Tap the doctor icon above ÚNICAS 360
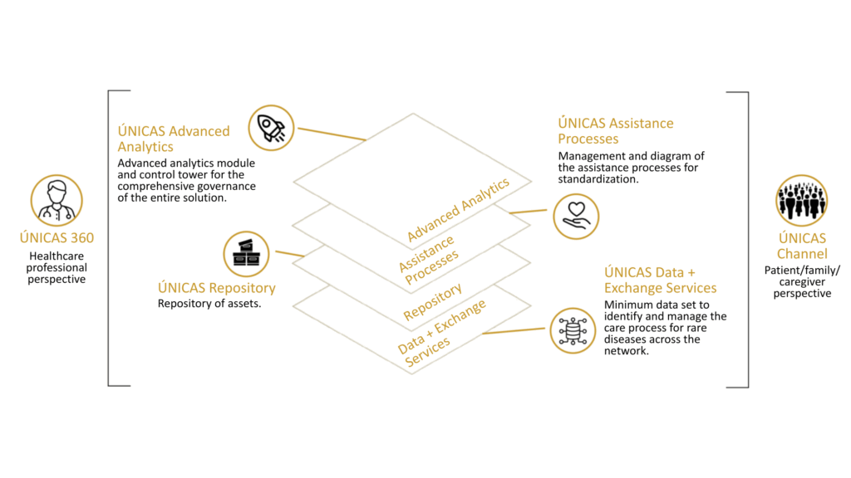point(57,200)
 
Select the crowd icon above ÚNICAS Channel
point(801,200)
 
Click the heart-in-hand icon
point(576,216)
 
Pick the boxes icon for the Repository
point(246,253)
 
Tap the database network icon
point(572,329)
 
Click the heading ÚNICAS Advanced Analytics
point(174,139)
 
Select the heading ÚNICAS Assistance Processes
point(615,131)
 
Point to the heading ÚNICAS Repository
point(216,288)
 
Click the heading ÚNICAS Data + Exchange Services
point(660,280)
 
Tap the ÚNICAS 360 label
point(57,238)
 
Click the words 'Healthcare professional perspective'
point(57,268)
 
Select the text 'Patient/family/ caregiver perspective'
point(802,281)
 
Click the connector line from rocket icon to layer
point(331,134)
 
